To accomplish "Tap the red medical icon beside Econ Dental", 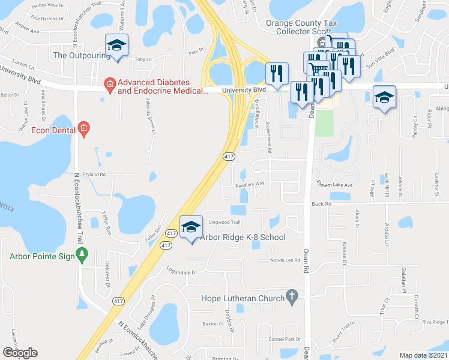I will click(83, 128).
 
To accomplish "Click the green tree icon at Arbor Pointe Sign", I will click(83, 256).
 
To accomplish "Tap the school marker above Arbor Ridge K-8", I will click(191, 227).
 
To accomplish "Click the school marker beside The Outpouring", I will click(116, 46).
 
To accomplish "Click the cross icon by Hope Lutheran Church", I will click(292, 296).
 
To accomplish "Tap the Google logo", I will click(20, 353).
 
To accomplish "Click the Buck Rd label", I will click(321, 204).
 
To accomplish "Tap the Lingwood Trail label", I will click(224, 223).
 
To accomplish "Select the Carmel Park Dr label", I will click(285, 339).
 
